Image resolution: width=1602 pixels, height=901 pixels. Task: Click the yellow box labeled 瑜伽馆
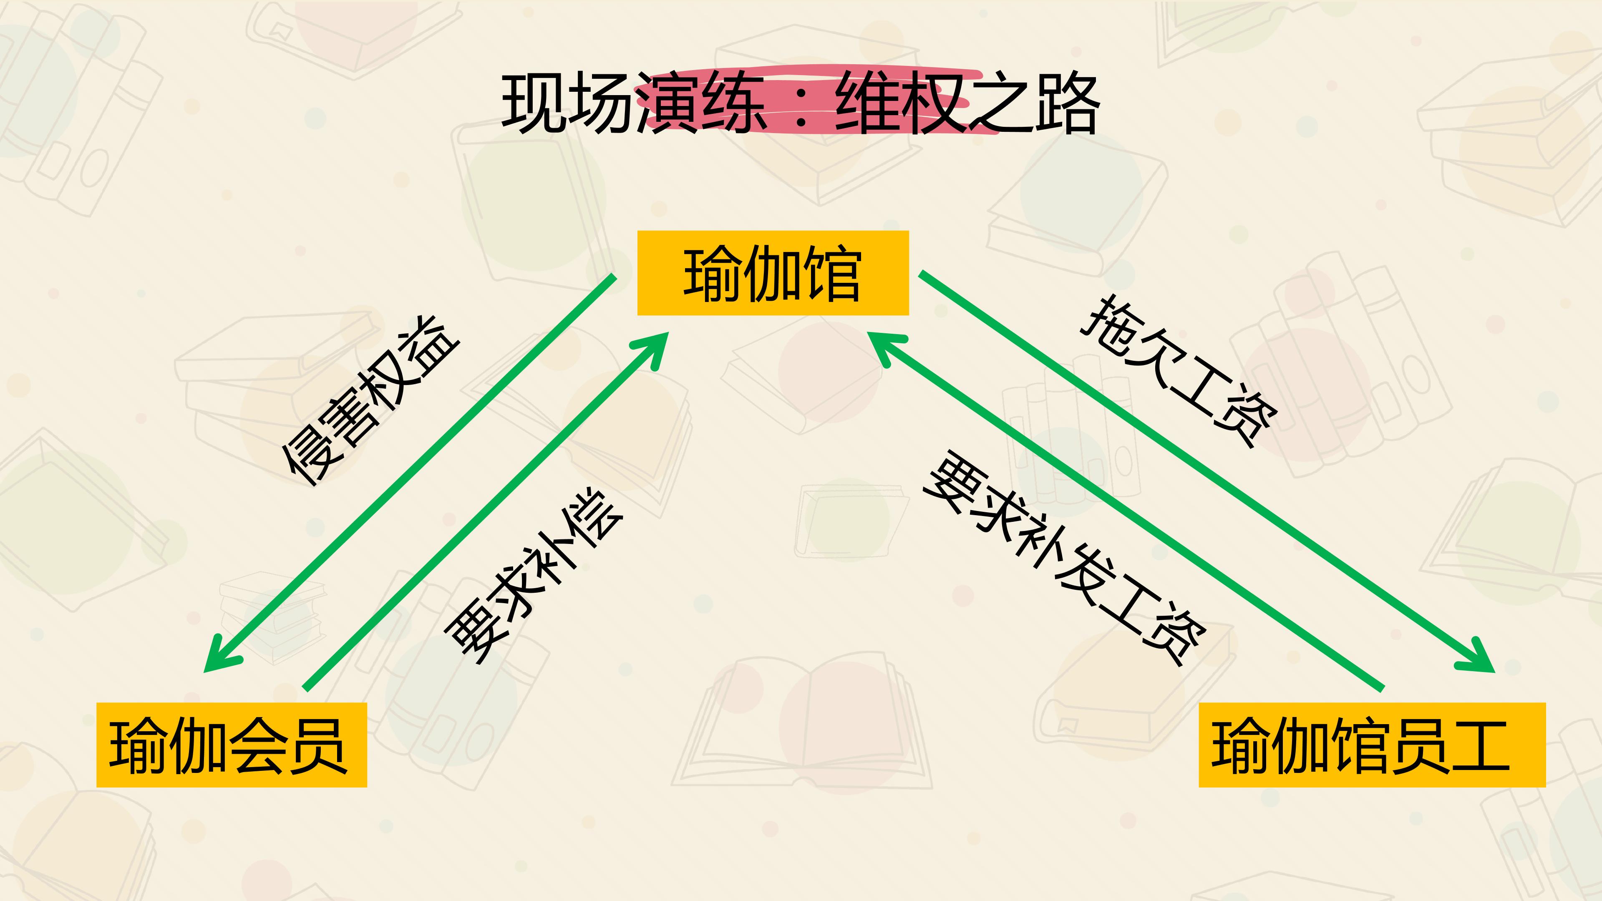coord(773,273)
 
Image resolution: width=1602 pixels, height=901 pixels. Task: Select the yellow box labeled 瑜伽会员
coord(232,745)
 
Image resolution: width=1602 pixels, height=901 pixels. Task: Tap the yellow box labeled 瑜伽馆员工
coord(1372,745)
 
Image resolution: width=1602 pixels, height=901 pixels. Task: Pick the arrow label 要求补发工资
coord(1065,558)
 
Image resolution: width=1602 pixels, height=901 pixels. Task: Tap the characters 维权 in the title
coord(901,103)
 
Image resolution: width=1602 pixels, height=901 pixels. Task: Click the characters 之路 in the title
coord(1033,103)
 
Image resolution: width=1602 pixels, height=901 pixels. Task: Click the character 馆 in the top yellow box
coord(832,274)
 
